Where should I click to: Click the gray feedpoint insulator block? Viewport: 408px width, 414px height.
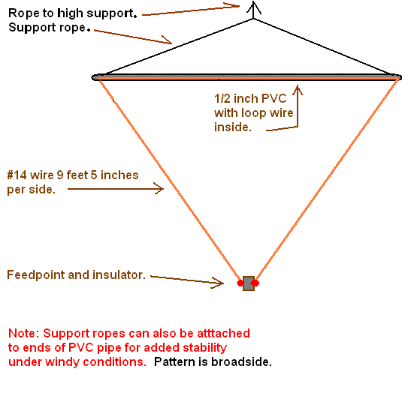click(x=249, y=283)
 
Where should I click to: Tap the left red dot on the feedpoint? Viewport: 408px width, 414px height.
click(x=241, y=283)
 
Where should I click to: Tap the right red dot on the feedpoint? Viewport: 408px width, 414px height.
click(x=255, y=283)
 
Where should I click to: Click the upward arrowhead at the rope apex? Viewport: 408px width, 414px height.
click(x=254, y=7)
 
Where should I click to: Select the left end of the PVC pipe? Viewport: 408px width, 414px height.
click(x=96, y=76)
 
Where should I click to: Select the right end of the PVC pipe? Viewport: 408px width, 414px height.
click(x=397, y=76)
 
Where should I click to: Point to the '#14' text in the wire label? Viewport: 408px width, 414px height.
click(x=17, y=175)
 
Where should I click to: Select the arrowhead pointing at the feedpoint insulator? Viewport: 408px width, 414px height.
click(x=219, y=283)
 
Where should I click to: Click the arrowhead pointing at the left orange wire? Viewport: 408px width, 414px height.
click(x=159, y=189)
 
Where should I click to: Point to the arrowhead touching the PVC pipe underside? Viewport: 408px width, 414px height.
click(x=298, y=89)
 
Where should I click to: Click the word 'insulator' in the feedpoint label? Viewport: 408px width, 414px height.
click(x=121, y=275)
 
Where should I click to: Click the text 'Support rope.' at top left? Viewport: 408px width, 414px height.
click(x=49, y=28)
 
